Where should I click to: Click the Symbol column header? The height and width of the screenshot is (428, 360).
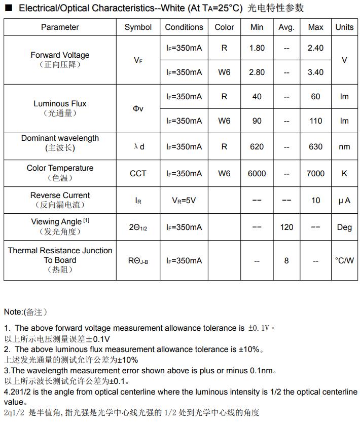138,27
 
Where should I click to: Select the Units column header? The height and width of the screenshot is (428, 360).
344,27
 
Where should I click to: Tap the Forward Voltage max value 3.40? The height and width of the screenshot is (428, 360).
315,72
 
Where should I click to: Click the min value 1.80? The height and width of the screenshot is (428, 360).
257,48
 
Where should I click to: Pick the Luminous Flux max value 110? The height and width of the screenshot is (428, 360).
315,121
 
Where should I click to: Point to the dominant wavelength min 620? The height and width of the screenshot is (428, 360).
257,147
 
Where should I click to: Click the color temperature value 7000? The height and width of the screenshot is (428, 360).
315,174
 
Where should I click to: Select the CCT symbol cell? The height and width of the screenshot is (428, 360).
138,174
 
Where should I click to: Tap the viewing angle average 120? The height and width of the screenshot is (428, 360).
286,227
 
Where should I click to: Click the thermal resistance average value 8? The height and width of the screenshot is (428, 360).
286,261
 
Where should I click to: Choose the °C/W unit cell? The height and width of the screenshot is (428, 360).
344,261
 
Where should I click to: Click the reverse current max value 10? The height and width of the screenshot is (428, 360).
315,201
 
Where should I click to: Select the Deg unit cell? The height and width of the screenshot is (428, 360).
344,227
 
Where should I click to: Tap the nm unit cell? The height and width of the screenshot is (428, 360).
344,147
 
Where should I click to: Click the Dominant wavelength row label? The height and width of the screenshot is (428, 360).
60,138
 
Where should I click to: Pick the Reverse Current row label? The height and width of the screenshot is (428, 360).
60,196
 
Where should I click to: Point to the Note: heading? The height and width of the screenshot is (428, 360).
14,312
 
